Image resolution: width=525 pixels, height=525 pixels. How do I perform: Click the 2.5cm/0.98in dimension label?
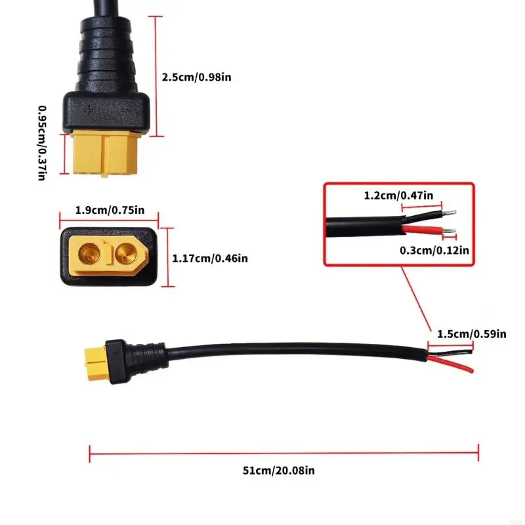[196, 77]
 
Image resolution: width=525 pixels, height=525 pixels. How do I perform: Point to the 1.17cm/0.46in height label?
[210, 259]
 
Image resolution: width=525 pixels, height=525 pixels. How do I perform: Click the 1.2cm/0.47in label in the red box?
[399, 196]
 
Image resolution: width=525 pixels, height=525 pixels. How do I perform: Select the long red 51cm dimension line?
[283, 451]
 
